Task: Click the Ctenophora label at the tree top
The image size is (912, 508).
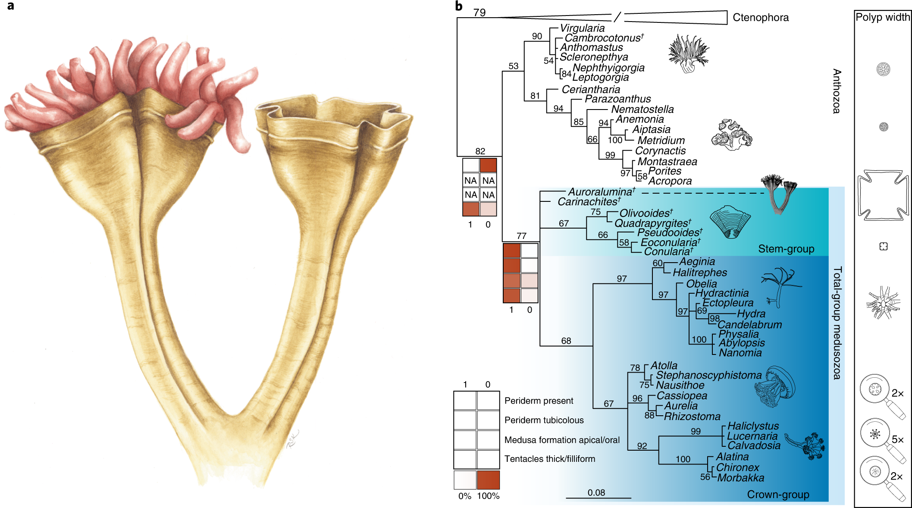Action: [760, 18]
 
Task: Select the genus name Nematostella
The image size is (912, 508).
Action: [642, 110]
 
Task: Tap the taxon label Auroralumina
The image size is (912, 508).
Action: [601, 192]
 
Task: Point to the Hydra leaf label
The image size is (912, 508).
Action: [751, 314]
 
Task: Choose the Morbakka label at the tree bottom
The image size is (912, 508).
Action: [740, 478]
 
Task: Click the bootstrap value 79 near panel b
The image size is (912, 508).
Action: [480, 13]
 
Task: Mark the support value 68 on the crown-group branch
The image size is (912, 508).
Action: [566, 341]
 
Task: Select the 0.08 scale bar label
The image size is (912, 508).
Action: [596, 492]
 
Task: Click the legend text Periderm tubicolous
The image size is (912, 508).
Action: [544, 420]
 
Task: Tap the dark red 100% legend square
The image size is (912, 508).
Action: [488, 480]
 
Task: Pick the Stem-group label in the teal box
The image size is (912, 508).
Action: [786, 249]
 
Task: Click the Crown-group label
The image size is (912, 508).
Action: [778, 495]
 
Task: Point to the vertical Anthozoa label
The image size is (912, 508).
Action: [837, 91]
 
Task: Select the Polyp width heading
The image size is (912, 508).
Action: [883, 17]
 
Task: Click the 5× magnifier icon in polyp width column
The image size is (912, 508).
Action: [875, 434]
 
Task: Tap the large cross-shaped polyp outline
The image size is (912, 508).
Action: [883, 195]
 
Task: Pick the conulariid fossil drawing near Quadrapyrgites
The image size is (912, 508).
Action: [730, 222]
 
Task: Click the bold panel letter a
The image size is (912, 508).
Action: [10, 6]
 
